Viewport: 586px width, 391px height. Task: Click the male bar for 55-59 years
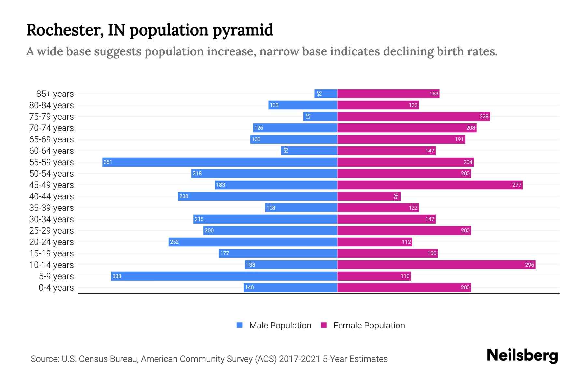tap(220, 162)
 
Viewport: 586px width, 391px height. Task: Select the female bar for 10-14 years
tap(436, 265)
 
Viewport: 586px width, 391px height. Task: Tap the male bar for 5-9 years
tap(224, 276)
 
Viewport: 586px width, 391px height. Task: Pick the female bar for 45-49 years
tap(430, 185)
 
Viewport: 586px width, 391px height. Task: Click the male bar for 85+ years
tap(326, 94)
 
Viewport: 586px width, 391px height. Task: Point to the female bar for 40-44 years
tap(369, 196)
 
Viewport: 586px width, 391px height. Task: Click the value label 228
tap(484, 117)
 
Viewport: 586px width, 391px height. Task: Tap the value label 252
tap(174, 242)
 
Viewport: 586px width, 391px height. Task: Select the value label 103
tap(274, 105)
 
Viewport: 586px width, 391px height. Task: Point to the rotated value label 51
tap(308, 116)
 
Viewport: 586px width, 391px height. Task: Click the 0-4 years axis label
tap(56, 288)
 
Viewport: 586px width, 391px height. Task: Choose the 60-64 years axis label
tap(51, 151)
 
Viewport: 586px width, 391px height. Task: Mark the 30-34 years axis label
tap(51, 219)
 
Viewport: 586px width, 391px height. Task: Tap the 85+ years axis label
tap(55, 94)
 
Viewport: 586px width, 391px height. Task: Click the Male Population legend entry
tap(280, 326)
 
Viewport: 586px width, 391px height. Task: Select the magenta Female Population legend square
tap(324, 325)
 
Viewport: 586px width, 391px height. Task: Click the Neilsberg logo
tap(522, 355)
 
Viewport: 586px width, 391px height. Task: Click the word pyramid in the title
tap(243, 30)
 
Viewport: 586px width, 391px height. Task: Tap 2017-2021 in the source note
tap(300, 359)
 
